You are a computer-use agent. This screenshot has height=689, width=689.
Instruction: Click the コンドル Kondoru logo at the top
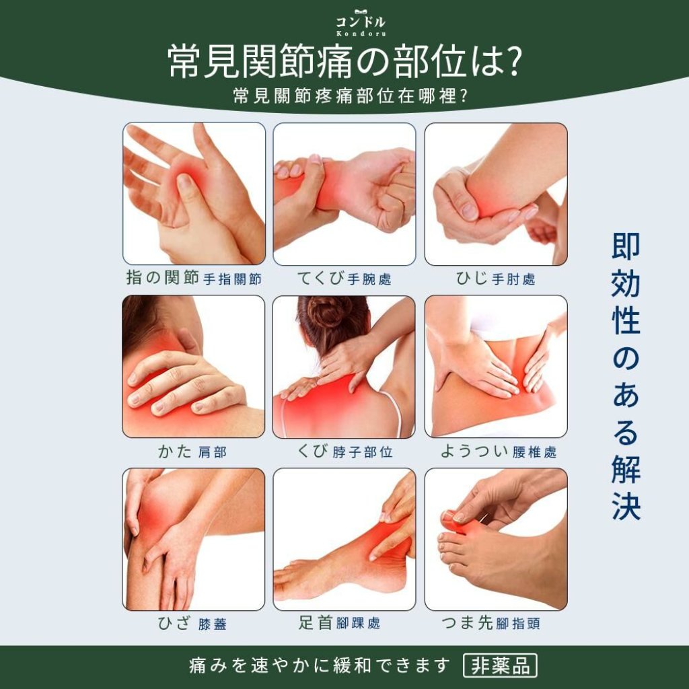coord(361,23)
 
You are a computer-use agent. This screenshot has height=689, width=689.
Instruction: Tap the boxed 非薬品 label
coord(500,665)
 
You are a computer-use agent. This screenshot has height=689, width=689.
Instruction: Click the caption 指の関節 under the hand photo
coord(163,278)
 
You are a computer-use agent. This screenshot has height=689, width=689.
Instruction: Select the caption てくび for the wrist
coord(320,278)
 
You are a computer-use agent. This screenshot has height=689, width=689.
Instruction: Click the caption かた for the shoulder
coord(175,451)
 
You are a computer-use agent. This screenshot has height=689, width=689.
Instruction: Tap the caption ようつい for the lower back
coord(474,451)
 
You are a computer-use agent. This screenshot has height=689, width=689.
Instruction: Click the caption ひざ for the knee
coord(175,623)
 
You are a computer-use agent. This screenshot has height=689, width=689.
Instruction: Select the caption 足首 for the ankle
coord(315,622)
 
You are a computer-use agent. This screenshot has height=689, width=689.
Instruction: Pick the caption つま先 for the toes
coord(467,622)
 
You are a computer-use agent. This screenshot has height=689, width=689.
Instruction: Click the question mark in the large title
coord(511,61)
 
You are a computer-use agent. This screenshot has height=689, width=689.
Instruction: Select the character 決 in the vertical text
coord(626,506)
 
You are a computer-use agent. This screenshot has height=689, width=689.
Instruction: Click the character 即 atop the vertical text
coord(626,247)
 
